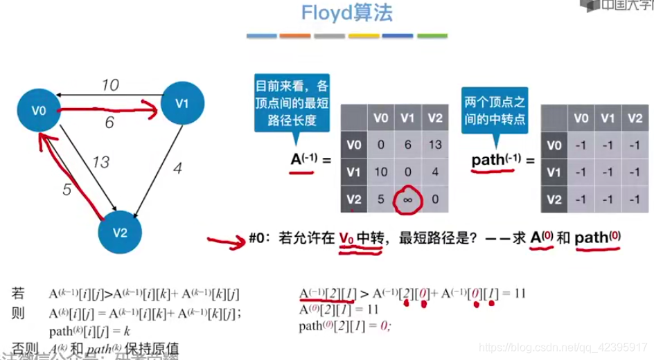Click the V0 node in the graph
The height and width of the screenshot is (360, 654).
39,110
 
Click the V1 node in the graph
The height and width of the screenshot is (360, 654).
182,104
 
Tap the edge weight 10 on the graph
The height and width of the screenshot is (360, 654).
110,85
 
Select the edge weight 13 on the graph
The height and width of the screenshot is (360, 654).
100,163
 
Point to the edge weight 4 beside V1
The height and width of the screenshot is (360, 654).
177,168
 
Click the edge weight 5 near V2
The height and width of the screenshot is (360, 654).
67,189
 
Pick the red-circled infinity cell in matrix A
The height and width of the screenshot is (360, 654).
407,200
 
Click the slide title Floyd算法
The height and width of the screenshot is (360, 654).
346,12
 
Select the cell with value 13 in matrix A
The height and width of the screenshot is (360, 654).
434,145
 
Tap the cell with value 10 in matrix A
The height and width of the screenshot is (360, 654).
380,172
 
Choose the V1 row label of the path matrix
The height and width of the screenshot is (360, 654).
554,172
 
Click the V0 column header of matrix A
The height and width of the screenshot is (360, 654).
380,118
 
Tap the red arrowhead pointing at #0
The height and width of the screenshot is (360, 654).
239,240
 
